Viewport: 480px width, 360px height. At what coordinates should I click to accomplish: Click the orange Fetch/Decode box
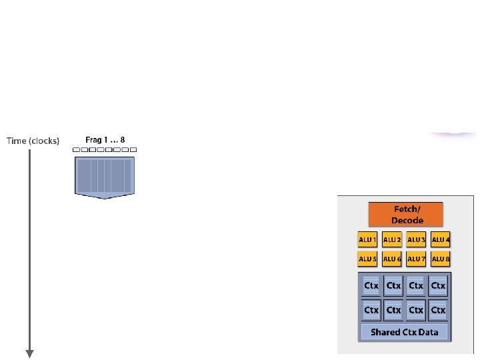tap(406, 214)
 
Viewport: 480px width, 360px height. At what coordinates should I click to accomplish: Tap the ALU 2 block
tap(392, 239)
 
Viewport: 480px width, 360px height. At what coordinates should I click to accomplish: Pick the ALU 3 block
tap(416, 239)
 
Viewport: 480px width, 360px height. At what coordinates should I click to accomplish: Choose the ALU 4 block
tap(440, 239)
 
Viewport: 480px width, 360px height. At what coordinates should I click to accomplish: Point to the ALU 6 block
tap(392, 258)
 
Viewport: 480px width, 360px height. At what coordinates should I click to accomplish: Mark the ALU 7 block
tap(416, 258)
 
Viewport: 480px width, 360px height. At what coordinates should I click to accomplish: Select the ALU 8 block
tap(440, 258)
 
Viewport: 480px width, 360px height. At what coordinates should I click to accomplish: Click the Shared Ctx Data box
tap(405, 331)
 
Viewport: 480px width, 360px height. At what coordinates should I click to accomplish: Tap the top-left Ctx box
tap(371, 285)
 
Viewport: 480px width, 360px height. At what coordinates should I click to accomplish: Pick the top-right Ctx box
tap(438, 285)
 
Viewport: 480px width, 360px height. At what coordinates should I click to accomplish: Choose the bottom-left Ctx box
tap(371, 310)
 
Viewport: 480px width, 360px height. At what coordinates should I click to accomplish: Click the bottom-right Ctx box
tap(438, 310)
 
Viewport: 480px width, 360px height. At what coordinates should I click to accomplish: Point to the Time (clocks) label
tap(33, 141)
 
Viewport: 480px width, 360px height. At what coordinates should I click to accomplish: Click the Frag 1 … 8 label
tap(105, 140)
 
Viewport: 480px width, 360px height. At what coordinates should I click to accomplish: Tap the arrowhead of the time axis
tap(29, 353)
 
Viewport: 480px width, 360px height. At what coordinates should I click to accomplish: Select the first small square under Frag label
tap(77, 150)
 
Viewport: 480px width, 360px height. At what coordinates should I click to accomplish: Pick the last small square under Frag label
tap(133, 150)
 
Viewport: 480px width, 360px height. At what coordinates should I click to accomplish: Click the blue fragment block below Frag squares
tap(105, 177)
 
